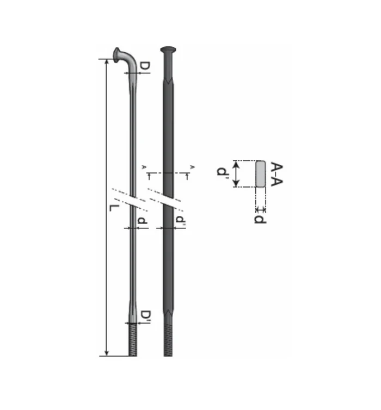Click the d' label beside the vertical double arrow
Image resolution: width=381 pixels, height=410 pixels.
point(222,173)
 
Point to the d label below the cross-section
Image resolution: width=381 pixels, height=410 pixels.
point(261,219)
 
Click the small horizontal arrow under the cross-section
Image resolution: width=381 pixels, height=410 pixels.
point(260,209)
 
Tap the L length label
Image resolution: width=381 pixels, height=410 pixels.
point(113,209)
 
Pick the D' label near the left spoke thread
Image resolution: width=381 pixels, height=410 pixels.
point(145,315)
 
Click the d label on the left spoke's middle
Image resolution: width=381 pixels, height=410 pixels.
point(142,221)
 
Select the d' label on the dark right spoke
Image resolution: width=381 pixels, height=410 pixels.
point(180,221)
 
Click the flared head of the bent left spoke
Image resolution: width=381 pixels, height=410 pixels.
point(118,53)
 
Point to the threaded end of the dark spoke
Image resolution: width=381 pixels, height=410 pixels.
point(169,340)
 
